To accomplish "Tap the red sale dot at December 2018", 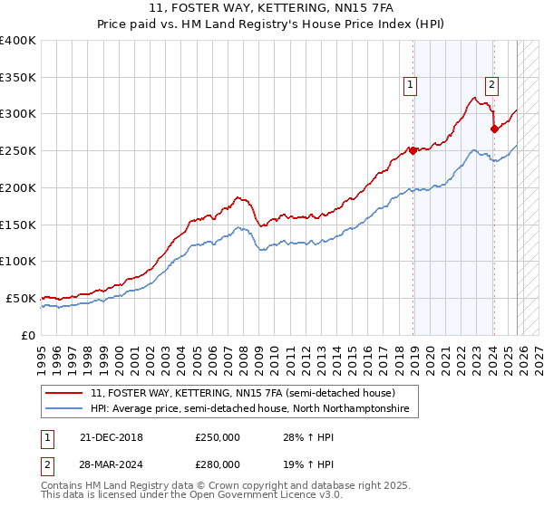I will point(413,150).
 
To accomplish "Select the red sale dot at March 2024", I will point(494,129).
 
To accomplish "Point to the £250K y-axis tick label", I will point(18,151).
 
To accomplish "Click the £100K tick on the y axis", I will point(18,262).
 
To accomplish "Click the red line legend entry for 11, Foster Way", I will point(242,394).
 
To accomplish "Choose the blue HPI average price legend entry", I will point(249,409).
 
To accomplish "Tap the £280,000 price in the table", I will point(217,464).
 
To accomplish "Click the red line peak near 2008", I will point(238,196).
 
